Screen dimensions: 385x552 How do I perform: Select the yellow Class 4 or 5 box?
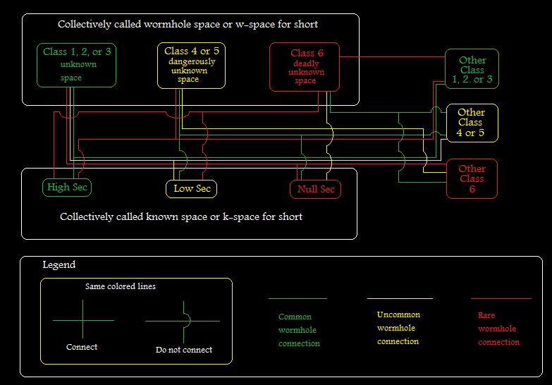(191, 65)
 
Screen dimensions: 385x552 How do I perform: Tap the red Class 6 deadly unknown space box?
(305, 66)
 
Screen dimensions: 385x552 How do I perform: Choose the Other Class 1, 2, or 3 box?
(472, 69)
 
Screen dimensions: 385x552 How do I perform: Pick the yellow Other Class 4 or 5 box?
(471, 122)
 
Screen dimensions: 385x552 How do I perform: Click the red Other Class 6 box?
(472, 178)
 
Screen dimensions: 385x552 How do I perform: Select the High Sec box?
(67, 188)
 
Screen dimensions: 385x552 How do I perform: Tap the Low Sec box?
(192, 189)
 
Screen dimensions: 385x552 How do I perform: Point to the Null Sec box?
(315, 189)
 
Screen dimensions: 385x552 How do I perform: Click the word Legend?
(59, 265)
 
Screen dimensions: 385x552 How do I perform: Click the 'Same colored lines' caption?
(121, 286)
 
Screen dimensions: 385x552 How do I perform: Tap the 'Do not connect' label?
(183, 350)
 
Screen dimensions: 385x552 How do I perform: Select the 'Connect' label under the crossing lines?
(82, 347)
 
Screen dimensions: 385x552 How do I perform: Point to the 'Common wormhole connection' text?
(298, 330)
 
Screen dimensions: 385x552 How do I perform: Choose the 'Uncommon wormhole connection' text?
(398, 328)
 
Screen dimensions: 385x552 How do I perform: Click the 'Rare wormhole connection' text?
(498, 329)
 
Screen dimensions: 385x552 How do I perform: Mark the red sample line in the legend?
(501, 299)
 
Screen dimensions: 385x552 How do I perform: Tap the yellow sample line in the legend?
(400, 299)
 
